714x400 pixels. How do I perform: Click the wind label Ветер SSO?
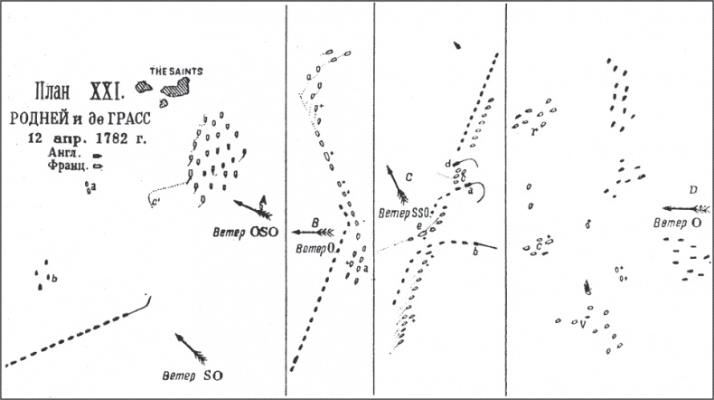405,212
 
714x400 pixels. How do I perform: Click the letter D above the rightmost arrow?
691,190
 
